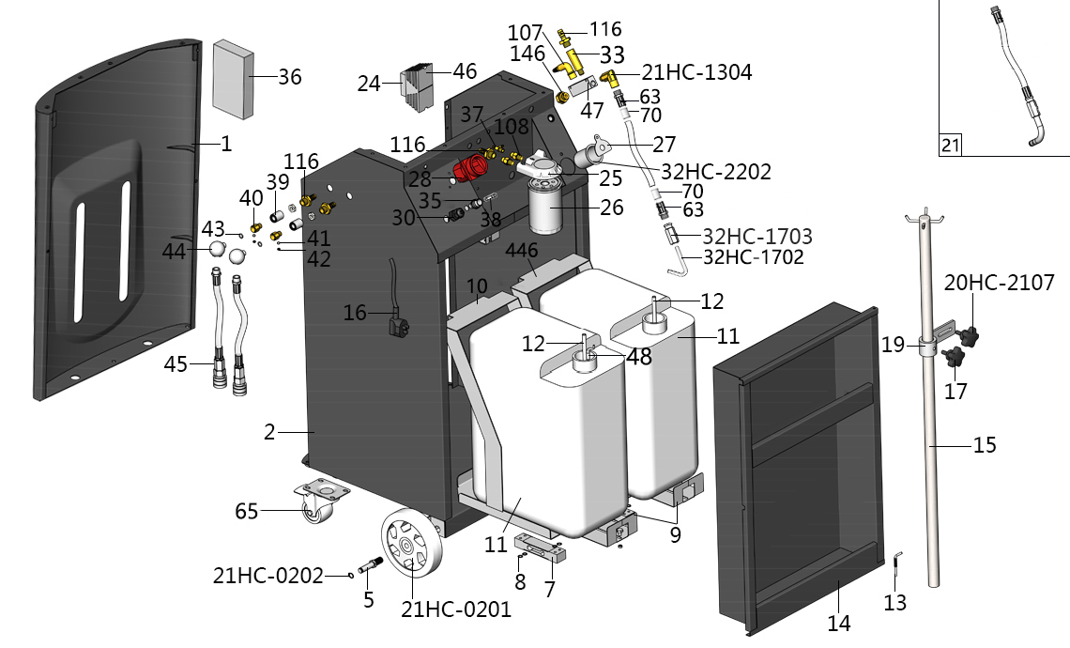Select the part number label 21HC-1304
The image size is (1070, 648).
tap(696, 72)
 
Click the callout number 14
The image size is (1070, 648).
tap(838, 623)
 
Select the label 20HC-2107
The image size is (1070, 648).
tap(999, 282)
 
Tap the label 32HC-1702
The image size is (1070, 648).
tap(753, 256)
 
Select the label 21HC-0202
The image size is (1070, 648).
tap(268, 574)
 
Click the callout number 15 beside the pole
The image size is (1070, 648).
tap(984, 444)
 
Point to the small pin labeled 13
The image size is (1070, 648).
tap(897, 563)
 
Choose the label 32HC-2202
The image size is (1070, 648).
tap(716, 172)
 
